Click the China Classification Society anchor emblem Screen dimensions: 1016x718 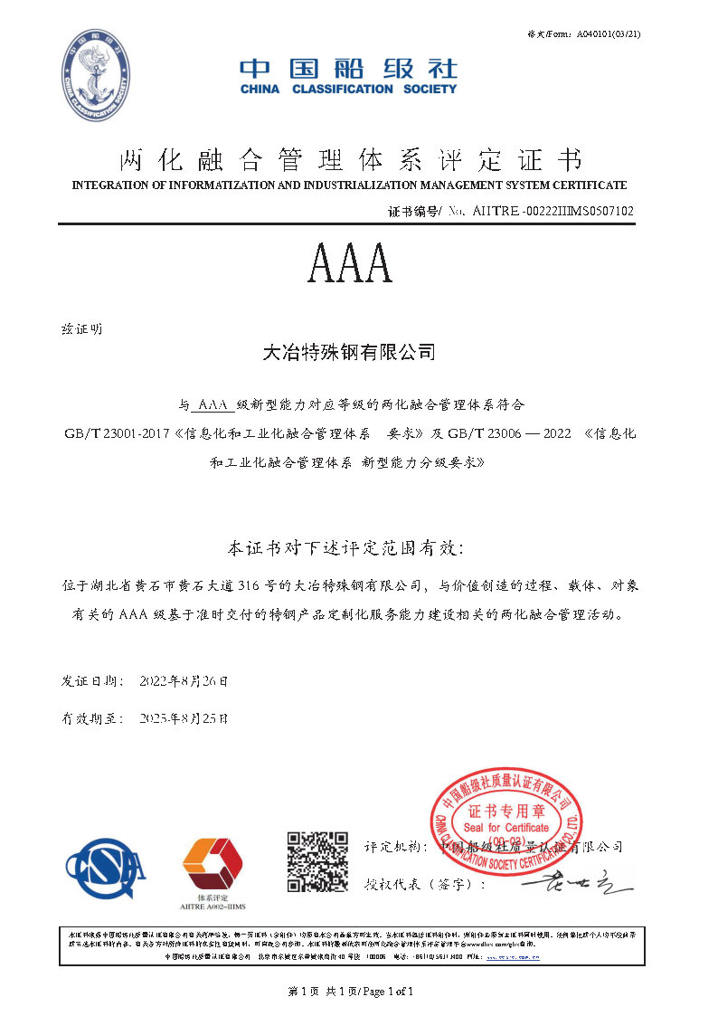96,76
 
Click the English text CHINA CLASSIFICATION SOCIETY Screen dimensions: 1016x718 348,90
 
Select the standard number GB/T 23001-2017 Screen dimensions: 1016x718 120,433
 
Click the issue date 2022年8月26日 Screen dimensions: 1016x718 184,679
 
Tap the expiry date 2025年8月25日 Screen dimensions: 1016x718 184,719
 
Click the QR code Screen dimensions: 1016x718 317,862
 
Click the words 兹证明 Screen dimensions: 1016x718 81,328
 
